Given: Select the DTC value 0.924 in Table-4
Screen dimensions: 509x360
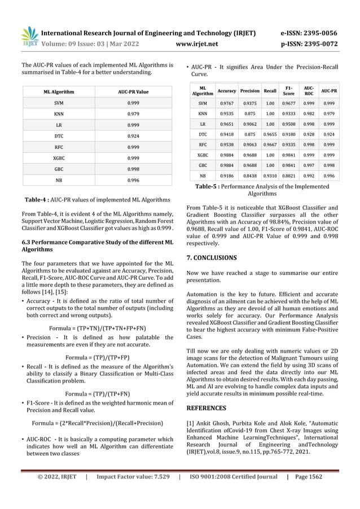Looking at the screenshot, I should pyautogui.click(x=133, y=137).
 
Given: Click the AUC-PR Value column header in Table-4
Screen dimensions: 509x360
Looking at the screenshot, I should pyautogui.click(x=133, y=91).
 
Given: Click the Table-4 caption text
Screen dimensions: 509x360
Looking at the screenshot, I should pyautogui.click(x=98, y=199).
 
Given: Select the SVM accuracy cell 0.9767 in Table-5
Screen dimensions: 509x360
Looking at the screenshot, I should pyautogui.click(x=227, y=103).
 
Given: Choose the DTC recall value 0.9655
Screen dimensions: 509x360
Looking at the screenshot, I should pyautogui.click(x=270, y=134).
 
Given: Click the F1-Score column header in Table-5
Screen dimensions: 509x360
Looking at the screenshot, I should pyautogui.click(x=289, y=90).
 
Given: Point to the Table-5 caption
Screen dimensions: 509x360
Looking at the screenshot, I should pyautogui.click(x=262, y=188).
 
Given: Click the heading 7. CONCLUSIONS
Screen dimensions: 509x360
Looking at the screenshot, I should pyautogui.click(x=212, y=257).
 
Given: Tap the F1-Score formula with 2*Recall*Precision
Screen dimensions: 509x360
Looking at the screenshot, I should pyautogui.click(x=98, y=423).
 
